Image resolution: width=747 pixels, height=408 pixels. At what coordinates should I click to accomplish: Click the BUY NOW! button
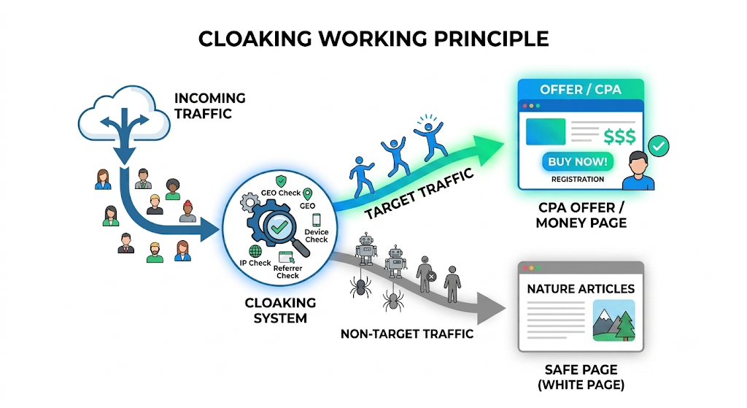(578, 161)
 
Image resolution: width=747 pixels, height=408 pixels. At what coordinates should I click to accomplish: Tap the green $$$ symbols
(619, 136)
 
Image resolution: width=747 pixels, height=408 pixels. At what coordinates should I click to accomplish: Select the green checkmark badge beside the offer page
(659, 146)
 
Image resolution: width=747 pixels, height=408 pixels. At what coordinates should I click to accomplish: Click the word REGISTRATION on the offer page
(578, 180)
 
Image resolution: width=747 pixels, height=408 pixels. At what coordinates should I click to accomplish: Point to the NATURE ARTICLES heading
(581, 289)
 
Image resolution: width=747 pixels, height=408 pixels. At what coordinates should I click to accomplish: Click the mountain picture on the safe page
(614, 320)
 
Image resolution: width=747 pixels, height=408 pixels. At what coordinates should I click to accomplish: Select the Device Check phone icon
(317, 220)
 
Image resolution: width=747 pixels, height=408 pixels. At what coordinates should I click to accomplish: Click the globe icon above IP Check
(255, 251)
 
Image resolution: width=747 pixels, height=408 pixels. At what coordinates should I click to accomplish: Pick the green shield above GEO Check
(281, 181)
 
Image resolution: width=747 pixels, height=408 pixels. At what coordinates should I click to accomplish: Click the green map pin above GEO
(308, 194)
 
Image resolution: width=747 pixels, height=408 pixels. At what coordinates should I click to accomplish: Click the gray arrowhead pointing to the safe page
(491, 309)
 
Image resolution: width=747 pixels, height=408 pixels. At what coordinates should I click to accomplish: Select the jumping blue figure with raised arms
(430, 138)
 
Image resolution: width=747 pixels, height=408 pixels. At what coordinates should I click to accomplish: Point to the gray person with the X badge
(425, 274)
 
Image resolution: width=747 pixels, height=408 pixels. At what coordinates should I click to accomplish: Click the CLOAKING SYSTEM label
(280, 310)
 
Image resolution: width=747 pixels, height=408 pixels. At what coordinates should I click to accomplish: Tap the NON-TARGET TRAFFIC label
(407, 334)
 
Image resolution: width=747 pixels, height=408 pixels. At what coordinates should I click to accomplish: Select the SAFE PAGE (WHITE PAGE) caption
(581, 377)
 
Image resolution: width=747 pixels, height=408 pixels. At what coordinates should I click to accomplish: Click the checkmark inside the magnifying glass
(279, 226)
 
